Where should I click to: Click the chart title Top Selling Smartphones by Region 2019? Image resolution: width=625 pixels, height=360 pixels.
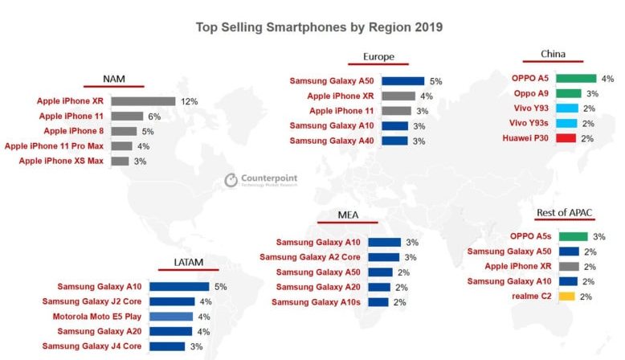click(x=319, y=27)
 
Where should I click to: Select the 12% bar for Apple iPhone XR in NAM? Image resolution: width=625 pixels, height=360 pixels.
click(x=143, y=102)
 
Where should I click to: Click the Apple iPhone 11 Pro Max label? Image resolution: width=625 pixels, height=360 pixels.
click(x=54, y=146)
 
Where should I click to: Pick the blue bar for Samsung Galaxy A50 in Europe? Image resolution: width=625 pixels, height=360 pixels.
click(x=402, y=81)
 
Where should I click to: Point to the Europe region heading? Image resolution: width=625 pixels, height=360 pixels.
click(x=378, y=57)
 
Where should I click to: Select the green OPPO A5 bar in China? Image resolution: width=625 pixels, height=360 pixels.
click(x=575, y=79)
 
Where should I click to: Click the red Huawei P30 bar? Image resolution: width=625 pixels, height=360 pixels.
click(x=566, y=138)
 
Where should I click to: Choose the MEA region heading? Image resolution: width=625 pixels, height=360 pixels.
click(x=348, y=216)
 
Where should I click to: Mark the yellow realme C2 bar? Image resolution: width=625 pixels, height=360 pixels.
click(x=566, y=297)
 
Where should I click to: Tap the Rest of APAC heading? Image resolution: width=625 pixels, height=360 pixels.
click(x=565, y=213)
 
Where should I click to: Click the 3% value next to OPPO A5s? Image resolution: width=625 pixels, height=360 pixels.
click(x=599, y=237)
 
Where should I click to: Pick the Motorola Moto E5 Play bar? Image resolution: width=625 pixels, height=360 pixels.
click(x=170, y=317)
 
